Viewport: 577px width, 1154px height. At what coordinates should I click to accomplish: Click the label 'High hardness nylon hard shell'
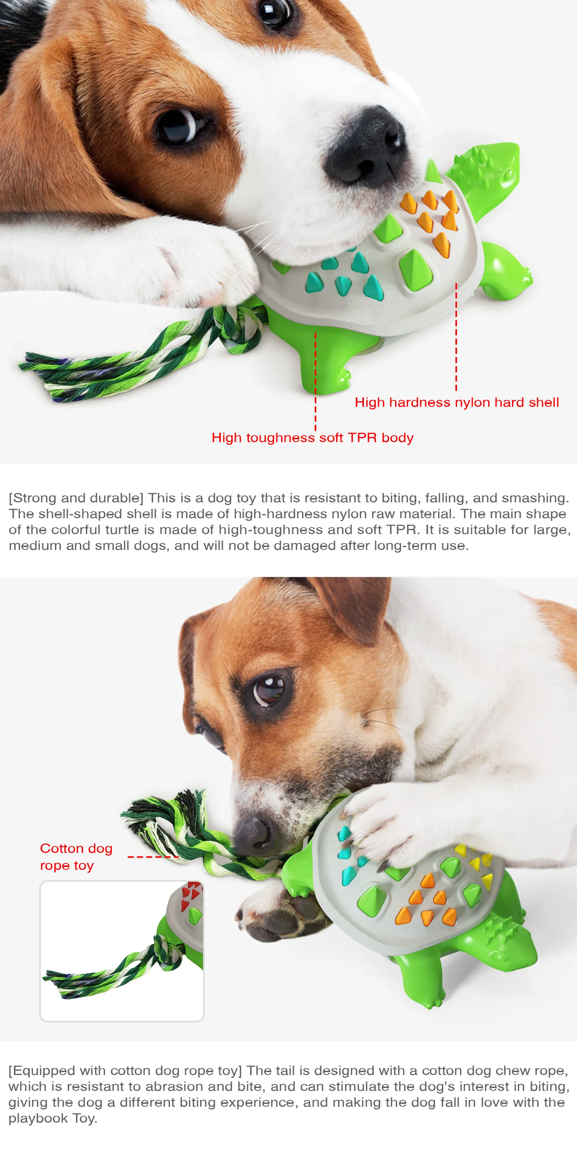(457, 402)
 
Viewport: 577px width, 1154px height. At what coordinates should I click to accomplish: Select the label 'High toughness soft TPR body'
(312, 438)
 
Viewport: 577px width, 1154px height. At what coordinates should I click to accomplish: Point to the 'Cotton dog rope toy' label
(76, 856)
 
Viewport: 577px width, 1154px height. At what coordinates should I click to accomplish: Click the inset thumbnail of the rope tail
(122, 951)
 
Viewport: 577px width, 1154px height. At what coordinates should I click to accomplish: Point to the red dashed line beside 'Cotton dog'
(153, 857)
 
